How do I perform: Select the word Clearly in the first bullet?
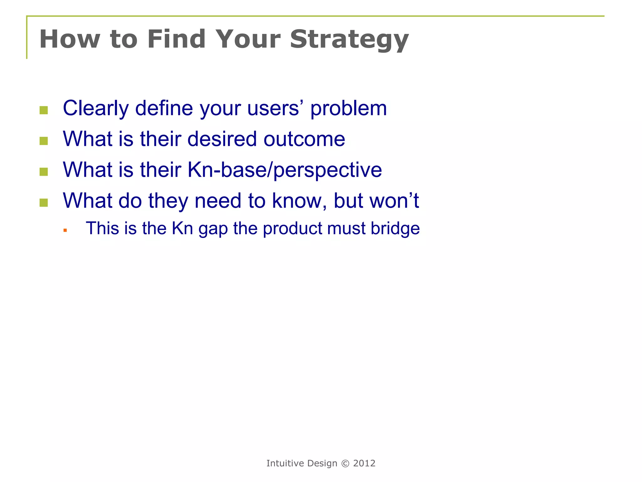96,108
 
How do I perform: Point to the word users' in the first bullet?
275,108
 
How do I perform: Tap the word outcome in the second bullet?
304,139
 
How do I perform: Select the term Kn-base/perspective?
284,170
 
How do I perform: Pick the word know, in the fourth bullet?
299,201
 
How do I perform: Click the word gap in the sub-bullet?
213,229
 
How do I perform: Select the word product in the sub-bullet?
292,228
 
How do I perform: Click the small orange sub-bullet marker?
65,230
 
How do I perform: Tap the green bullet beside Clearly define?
44,110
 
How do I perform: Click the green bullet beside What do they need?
44,203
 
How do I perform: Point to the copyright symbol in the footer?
345,463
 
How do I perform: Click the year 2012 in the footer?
364,463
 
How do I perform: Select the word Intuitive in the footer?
285,463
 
